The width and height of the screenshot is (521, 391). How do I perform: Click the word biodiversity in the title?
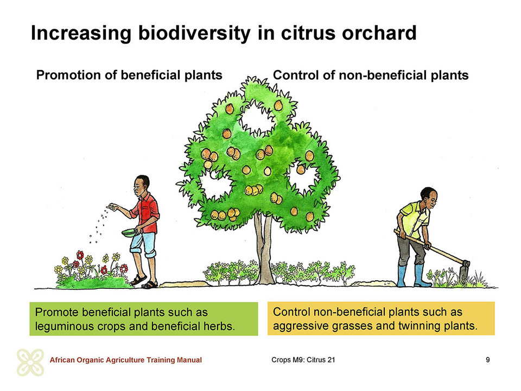[194, 33]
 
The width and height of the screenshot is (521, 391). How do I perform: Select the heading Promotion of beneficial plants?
[129, 75]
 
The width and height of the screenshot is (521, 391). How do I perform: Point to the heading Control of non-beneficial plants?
[371, 75]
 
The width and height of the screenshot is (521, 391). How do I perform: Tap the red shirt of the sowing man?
[146, 213]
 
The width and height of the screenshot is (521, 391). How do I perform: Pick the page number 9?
[487, 360]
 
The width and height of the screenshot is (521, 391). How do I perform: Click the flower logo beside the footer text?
[30, 362]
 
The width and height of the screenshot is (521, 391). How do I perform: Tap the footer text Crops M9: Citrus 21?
[303, 360]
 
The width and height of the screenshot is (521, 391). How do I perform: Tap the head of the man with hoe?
[429, 198]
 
